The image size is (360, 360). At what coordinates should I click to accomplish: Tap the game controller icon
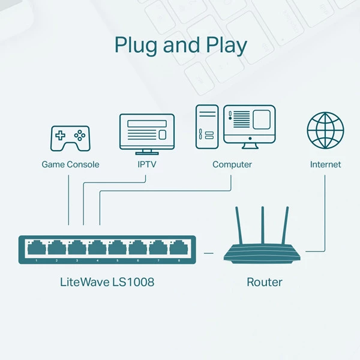click(70, 137)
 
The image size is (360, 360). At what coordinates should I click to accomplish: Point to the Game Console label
click(70, 164)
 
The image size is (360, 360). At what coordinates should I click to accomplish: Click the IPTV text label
click(147, 164)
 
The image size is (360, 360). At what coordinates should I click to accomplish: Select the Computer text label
click(232, 164)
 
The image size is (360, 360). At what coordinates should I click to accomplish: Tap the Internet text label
click(325, 164)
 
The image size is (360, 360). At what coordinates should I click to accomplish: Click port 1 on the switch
click(37, 247)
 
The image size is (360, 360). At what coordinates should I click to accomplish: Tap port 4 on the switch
click(97, 247)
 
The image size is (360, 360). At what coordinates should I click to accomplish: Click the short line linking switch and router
click(208, 253)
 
